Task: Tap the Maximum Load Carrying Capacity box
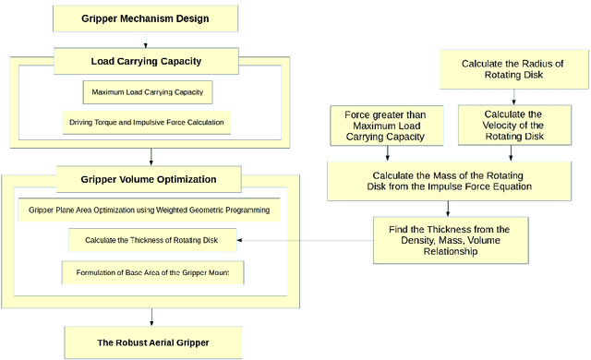148,92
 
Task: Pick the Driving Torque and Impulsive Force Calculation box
148,122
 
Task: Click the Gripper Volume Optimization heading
149,178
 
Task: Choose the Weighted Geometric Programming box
149,210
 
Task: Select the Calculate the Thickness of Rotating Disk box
151,241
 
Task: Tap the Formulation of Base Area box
151,272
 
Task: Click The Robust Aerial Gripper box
154,342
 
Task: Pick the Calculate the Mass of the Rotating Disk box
452,181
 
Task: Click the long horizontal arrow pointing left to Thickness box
305,241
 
